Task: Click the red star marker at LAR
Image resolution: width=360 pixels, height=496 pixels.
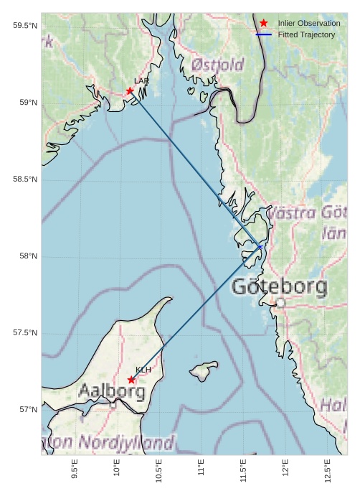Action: click(x=130, y=91)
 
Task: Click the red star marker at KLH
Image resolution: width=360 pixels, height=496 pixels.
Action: click(x=131, y=380)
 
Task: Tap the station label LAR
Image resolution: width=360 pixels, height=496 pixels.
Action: click(x=141, y=82)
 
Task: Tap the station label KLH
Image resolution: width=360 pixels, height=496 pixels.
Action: click(x=143, y=370)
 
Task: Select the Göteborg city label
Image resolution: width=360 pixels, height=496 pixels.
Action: click(x=280, y=287)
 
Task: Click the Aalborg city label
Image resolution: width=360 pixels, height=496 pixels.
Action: click(x=112, y=392)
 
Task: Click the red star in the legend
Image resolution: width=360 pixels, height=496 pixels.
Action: click(x=264, y=23)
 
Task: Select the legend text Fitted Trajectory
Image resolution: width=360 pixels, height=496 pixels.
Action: click(x=306, y=34)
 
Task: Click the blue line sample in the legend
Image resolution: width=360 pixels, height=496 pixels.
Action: click(x=264, y=34)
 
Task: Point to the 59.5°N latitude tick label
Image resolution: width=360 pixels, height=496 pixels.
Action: click(x=24, y=26)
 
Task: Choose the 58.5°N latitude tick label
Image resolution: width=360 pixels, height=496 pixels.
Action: click(x=24, y=179)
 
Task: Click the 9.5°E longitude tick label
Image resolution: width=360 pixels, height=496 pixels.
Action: click(x=75, y=469)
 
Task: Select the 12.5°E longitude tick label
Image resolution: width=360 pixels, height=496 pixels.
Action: click(x=328, y=469)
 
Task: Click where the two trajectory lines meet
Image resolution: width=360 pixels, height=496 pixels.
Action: click(x=261, y=247)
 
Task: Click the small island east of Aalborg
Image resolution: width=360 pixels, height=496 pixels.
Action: click(x=204, y=371)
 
